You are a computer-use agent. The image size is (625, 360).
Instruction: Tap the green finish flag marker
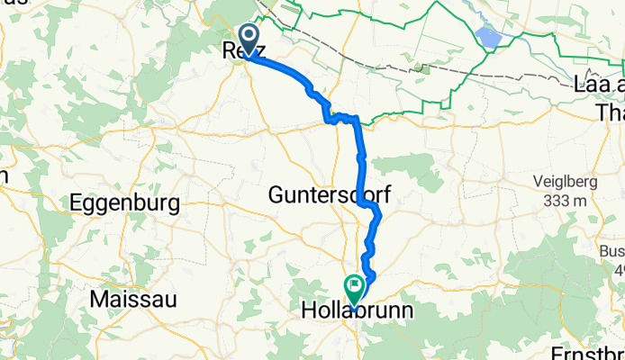pos(354,288)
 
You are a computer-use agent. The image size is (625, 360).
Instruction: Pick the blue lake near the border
pos(488,37)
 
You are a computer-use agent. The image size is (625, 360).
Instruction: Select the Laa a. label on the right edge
pos(597,88)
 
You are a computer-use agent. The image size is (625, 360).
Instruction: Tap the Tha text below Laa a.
pos(611,111)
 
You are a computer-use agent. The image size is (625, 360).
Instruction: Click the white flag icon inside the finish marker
pos(354,285)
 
